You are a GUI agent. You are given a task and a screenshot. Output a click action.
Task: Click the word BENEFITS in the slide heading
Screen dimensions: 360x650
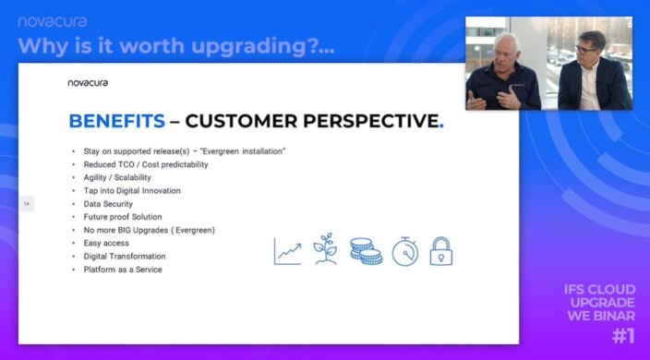pyautogui.click(x=117, y=121)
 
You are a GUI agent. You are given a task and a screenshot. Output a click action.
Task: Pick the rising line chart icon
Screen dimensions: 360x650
pyautogui.click(x=288, y=251)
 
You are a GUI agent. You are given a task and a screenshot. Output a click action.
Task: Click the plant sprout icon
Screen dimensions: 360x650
pyautogui.click(x=326, y=249)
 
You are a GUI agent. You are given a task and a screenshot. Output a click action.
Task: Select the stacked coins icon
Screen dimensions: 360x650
pyautogui.click(x=365, y=251)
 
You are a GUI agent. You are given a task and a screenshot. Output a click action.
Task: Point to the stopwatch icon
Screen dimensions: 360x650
pyautogui.click(x=404, y=250)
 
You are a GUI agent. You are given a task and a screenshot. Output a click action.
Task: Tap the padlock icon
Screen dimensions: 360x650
pyautogui.click(x=441, y=251)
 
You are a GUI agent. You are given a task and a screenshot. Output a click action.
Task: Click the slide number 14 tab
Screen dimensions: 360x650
pyautogui.click(x=27, y=203)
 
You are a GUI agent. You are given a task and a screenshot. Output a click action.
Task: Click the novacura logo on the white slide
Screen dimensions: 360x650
pyautogui.click(x=88, y=82)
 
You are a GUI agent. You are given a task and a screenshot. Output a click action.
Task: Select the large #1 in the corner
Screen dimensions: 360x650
pyautogui.click(x=622, y=334)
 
